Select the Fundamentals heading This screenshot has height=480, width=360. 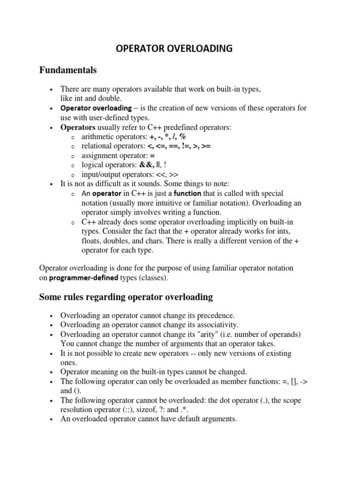tap(67, 70)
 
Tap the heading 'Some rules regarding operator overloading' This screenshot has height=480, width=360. tap(126, 297)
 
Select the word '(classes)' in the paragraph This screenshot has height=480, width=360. tap(150, 278)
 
